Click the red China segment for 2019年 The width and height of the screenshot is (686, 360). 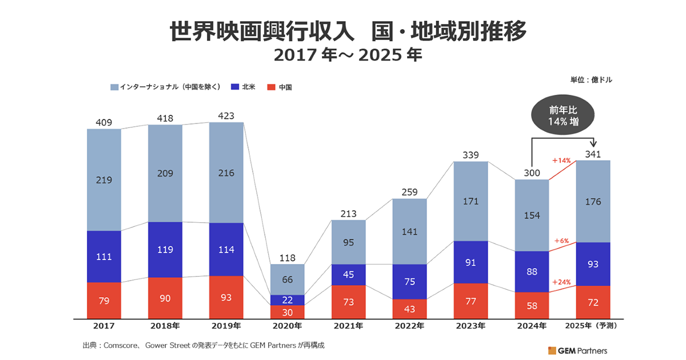[226, 297]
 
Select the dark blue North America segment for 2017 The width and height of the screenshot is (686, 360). [104, 257]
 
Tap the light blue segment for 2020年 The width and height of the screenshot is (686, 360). [288, 279]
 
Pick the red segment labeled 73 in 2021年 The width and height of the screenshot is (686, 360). [349, 302]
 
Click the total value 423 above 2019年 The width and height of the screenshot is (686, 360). [226, 116]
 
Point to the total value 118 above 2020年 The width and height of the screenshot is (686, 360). [288, 258]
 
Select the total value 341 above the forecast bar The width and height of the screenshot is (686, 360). [593, 154]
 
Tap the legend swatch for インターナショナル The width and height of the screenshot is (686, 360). [114, 87]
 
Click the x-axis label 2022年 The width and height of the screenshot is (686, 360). [409, 326]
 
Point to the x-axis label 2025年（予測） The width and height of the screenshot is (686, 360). [593, 326]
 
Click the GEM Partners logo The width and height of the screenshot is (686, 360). [577, 350]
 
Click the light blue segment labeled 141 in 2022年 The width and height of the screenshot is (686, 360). [409, 231]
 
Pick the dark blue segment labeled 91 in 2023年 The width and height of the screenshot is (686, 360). [470, 262]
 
